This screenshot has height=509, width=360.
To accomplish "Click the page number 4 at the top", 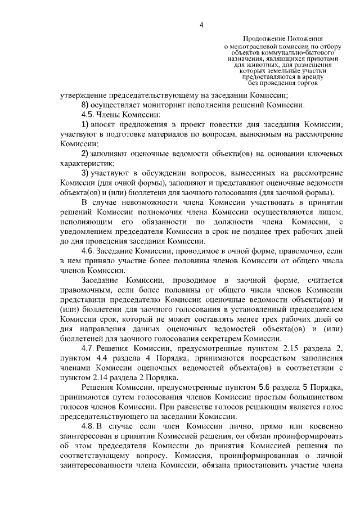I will [x=201, y=24].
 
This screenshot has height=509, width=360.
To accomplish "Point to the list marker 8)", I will [x=85, y=105].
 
